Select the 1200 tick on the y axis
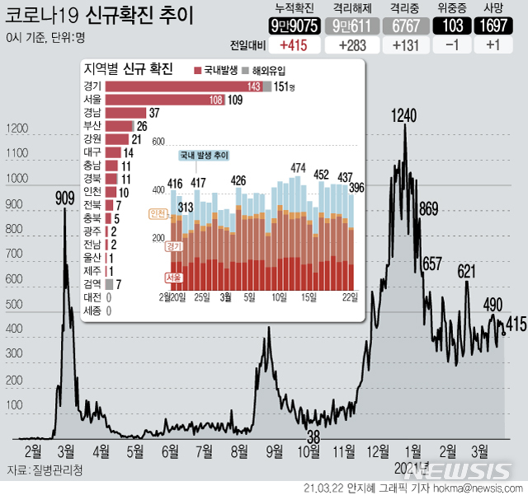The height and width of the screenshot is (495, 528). [x=16, y=129]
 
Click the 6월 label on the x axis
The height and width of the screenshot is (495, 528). [x=170, y=451]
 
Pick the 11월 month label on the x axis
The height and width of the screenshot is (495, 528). [x=344, y=451]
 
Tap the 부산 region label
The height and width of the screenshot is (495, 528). [x=92, y=126]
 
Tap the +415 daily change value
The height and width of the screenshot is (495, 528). [x=295, y=44]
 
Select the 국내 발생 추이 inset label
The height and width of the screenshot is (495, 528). [x=204, y=155]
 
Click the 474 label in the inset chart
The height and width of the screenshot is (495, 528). [x=299, y=169]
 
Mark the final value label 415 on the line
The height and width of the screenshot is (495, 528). [x=516, y=324]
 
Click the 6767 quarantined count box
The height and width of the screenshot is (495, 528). [x=405, y=26]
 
